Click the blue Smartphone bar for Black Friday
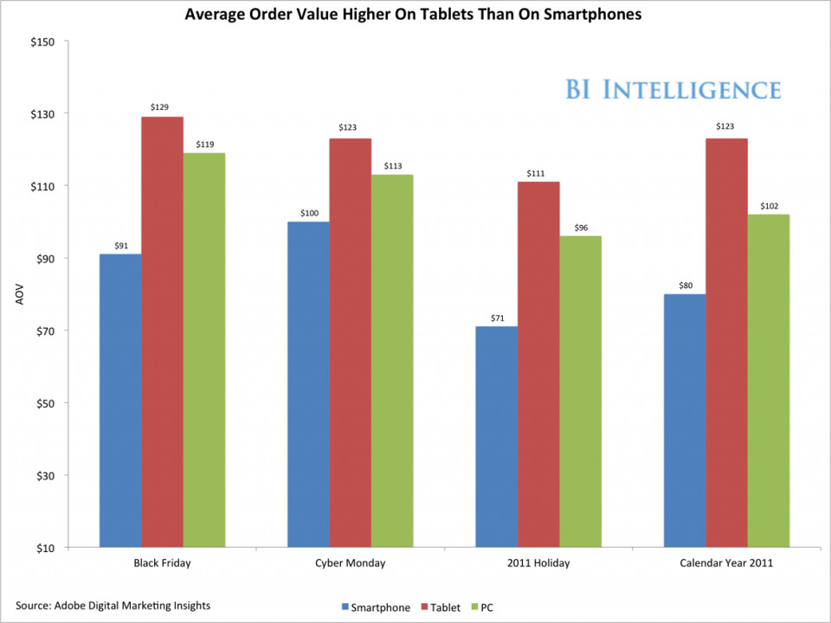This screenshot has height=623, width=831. pos(120,401)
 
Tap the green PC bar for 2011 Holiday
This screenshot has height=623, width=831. pos(581,391)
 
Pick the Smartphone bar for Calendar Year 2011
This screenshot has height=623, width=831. pos(685,421)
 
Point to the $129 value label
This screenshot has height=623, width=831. pos(162,106)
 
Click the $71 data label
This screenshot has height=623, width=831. pos(497,317)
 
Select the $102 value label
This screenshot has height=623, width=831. pos(769,205)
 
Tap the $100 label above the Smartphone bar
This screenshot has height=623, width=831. pos(309,212)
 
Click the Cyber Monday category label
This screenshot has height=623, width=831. pos(351,563)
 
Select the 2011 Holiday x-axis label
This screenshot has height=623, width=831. pos(538,563)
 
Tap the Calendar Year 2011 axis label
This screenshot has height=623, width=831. pos(726,563)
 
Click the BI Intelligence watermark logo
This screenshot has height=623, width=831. pos(673,89)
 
